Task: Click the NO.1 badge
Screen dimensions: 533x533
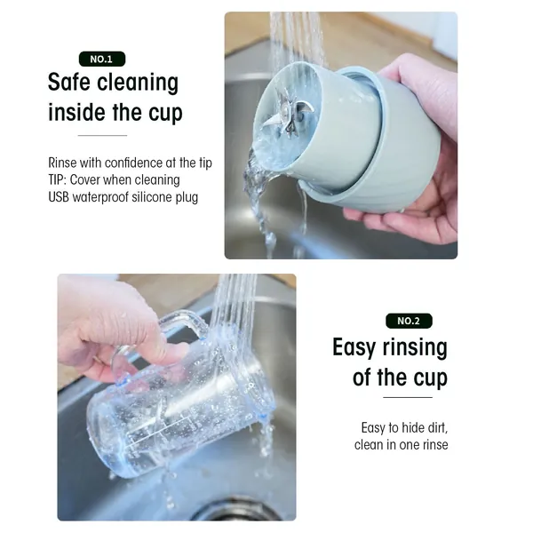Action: (102, 60)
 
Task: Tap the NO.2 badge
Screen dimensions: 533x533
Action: (409, 321)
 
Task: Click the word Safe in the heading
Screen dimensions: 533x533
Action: (69, 82)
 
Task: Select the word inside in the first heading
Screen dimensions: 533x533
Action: (76, 112)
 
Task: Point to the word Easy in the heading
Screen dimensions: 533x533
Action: (354, 347)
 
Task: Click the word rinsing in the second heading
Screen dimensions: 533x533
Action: (415, 348)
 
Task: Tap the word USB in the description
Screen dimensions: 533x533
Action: (59, 197)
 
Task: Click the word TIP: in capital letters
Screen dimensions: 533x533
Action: (58, 179)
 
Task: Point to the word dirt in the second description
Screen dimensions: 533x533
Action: (436, 427)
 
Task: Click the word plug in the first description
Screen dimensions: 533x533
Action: (187, 198)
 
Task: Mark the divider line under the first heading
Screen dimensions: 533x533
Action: (102, 135)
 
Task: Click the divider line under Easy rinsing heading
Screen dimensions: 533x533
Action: (408, 397)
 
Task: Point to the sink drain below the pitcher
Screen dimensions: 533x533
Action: (235, 511)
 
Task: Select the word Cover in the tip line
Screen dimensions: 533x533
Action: (84, 179)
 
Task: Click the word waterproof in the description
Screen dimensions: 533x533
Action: (100, 197)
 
